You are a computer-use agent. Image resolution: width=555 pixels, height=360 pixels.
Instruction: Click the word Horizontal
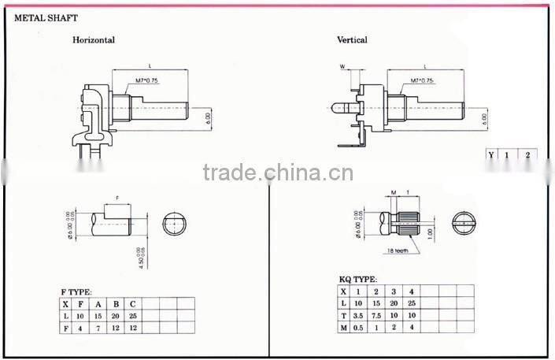coord(94,40)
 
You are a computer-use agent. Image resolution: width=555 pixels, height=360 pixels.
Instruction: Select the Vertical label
coord(352,40)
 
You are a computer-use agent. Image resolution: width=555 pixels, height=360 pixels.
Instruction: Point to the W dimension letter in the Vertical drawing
coord(342,66)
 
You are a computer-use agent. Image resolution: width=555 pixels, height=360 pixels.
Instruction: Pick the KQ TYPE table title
coord(359,280)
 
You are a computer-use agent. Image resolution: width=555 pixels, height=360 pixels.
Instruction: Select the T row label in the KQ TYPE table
coord(343,315)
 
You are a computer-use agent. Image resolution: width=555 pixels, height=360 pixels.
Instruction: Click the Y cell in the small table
coord(491,155)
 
